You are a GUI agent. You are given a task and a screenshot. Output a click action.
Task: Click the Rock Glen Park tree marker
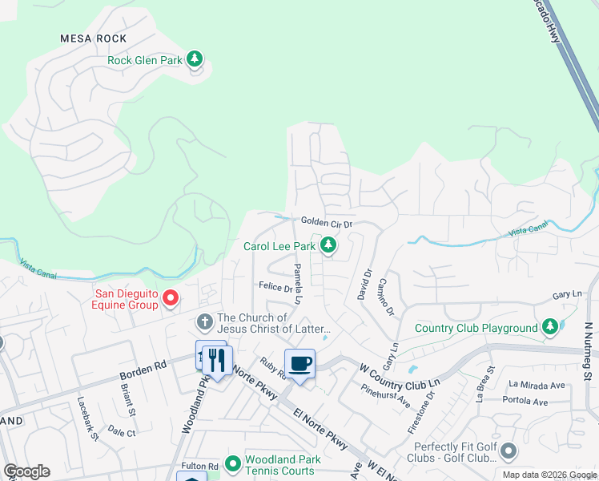tap(194, 59)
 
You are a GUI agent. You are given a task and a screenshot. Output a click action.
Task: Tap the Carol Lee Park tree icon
tap(328, 245)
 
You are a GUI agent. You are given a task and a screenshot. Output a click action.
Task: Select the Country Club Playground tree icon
tap(549, 328)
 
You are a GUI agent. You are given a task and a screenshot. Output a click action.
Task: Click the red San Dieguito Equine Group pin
tap(170, 299)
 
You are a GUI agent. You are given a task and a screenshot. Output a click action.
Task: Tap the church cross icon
tap(204, 322)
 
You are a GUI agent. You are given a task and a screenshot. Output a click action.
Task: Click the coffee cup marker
tap(299, 365)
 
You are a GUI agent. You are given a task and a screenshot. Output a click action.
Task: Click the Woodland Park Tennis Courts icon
tap(232, 464)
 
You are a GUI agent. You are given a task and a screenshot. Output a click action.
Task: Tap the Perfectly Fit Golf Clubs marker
tap(508, 453)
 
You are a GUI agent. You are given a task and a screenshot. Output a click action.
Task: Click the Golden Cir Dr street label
tap(327, 222)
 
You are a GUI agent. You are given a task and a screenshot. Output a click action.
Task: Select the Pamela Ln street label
tap(297, 285)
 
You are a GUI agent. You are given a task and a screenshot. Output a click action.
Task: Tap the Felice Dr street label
tap(275, 286)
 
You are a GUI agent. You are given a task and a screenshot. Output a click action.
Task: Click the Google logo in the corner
tap(26, 471)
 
